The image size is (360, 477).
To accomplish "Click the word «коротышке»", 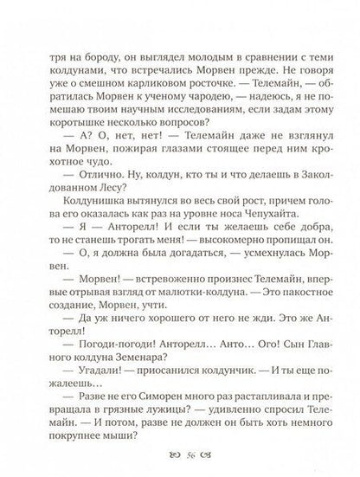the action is coord(82,131).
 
